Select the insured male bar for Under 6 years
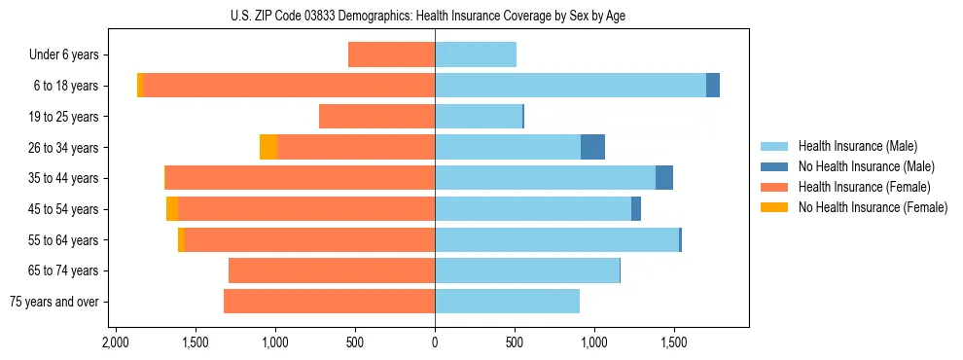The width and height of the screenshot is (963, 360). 475,54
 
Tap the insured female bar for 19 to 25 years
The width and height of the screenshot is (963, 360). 376,117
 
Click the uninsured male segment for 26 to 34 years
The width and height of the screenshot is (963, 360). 592,147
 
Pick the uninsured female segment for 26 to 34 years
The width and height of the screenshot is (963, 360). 268,147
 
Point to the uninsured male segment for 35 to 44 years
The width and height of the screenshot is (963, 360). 664,178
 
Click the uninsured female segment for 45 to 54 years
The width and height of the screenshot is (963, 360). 172,209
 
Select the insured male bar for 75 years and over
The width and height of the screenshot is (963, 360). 507,302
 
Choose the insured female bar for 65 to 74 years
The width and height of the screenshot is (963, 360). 332,270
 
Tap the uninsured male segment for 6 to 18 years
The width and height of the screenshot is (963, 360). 713,86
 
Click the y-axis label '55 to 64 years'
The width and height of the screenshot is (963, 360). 64,240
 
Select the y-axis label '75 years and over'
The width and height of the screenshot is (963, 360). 54,302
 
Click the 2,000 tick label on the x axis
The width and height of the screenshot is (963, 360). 116,343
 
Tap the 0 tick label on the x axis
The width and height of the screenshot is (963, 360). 435,343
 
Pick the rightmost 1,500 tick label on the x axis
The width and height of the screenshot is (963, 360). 674,343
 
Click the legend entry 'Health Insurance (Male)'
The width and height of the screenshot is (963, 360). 857,146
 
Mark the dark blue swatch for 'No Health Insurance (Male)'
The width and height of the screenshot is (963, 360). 775,166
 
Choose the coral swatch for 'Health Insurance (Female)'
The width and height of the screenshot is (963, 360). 775,187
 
